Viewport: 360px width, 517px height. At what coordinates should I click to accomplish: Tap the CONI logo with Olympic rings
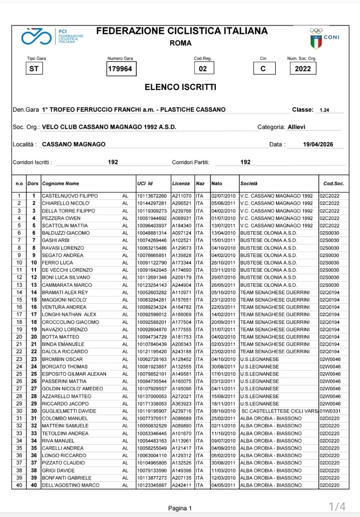(x=324, y=38)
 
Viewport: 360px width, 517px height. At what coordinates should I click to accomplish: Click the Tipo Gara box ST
(x=34, y=69)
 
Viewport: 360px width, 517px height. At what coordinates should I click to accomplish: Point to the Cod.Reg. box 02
(x=203, y=69)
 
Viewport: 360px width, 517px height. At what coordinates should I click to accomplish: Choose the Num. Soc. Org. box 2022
(x=303, y=69)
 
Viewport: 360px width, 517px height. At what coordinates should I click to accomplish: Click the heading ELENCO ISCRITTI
(x=180, y=86)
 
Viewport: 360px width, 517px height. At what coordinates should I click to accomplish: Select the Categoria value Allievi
(x=296, y=127)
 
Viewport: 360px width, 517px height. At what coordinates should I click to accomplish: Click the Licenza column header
(x=181, y=183)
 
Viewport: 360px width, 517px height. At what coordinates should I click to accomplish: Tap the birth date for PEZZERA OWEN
(x=223, y=218)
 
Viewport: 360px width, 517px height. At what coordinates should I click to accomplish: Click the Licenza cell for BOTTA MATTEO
(x=181, y=337)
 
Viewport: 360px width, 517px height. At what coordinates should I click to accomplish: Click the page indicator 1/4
(x=337, y=506)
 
